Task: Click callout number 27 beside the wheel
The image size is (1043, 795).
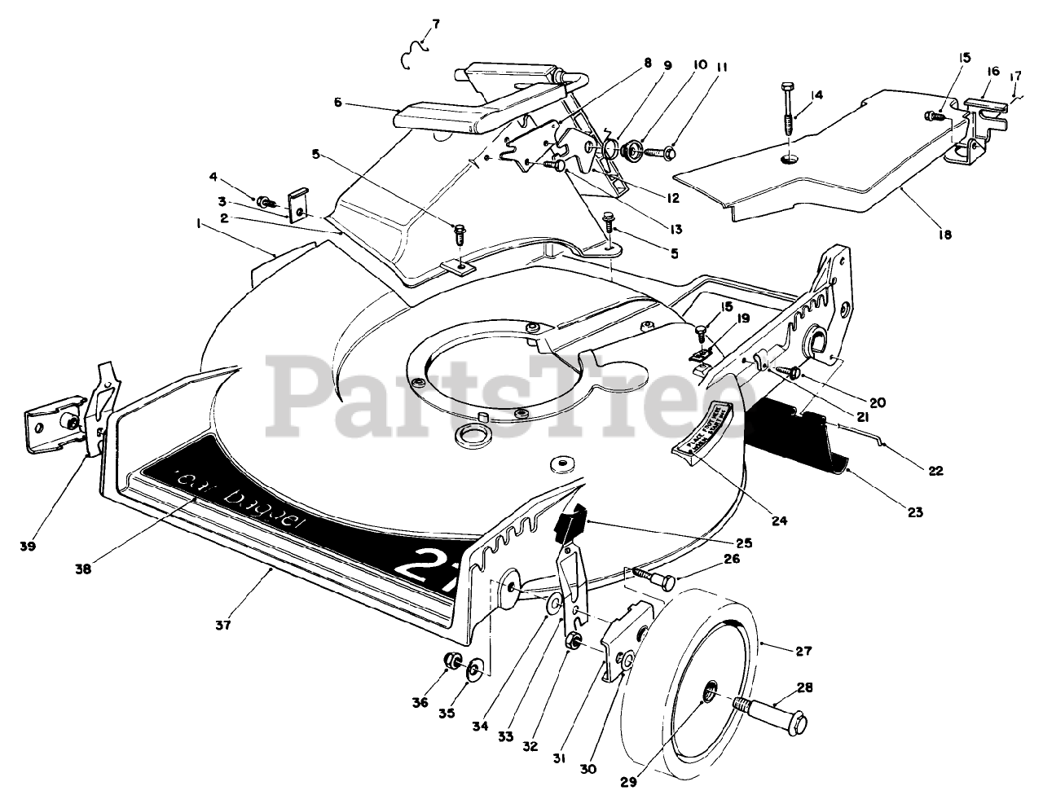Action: click(x=803, y=651)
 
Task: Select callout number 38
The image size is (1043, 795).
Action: click(x=83, y=569)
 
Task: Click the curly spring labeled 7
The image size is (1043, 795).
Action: click(x=416, y=53)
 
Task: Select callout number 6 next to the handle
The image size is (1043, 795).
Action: click(x=338, y=103)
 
